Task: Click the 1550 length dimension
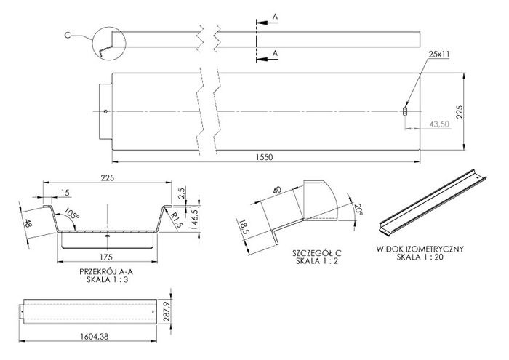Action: point(266,156)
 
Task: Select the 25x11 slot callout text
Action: point(439,55)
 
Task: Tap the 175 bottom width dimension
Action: point(107,257)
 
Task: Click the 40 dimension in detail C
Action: point(276,191)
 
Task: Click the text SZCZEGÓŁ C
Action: point(317,253)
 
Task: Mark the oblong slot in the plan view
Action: point(405,111)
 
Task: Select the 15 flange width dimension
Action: point(66,192)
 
